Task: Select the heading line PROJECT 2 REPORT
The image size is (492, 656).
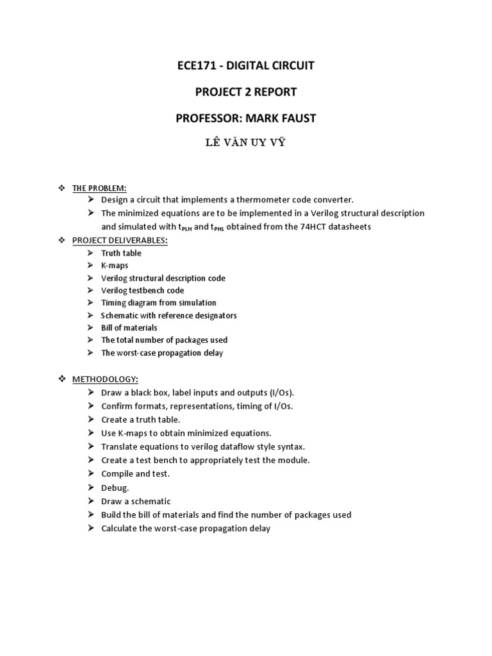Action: click(x=246, y=92)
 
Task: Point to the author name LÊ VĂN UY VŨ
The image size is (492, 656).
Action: click(x=245, y=142)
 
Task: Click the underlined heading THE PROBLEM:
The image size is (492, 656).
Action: click(x=99, y=188)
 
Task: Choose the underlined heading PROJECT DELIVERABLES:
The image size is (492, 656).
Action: click(x=120, y=240)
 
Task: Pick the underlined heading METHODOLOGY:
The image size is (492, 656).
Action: click(x=105, y=379)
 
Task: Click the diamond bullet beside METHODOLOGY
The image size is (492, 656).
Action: click(x=61, y=379)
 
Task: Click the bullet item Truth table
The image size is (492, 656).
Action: click(x=121, y=253)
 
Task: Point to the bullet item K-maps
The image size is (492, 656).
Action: click(x=115, y=265)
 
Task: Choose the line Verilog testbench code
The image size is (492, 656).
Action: click(x=142, y=290)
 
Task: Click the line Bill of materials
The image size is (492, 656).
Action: click(x=129, y=327)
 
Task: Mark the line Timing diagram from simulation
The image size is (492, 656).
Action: click(x=158, y=302)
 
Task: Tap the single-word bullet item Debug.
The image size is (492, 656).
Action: click(x=115, y=488)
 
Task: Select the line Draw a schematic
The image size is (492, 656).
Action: click(x=136, y=501)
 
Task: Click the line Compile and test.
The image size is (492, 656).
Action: click(x=135, y=474)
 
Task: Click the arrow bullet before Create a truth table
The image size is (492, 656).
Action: click(x=92, y=420)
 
